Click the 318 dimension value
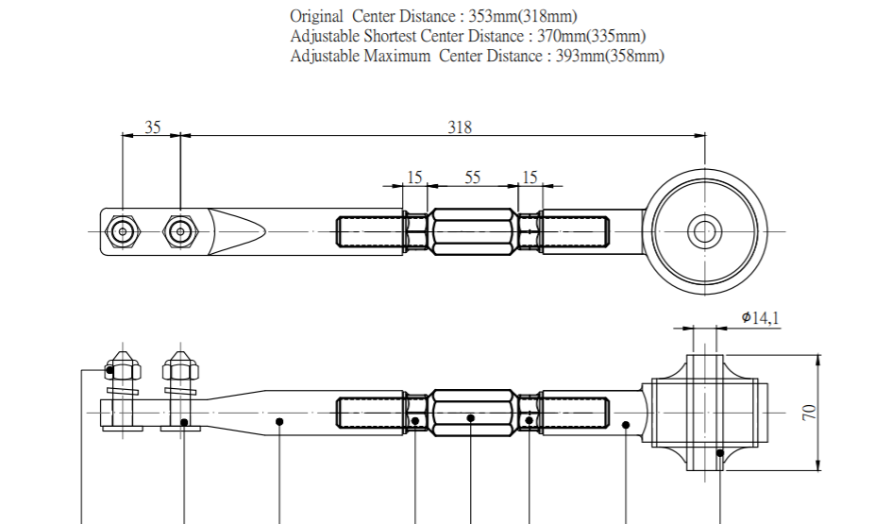[x=460, y=127]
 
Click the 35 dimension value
[x=152, y=127]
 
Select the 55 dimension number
[x=472, y=177]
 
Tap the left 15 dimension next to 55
[x=414, y=177]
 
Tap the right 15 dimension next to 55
[x=530, y=177]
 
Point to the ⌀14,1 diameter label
[x=760, y=318]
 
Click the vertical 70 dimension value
[x=809, y=412]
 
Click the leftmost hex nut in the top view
[x=122, y=230]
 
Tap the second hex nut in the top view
[x=179, y=230]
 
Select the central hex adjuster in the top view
[x=472, y=230]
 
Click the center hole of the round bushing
[x=703, y=230]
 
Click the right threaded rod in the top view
[x=574, y=230]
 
